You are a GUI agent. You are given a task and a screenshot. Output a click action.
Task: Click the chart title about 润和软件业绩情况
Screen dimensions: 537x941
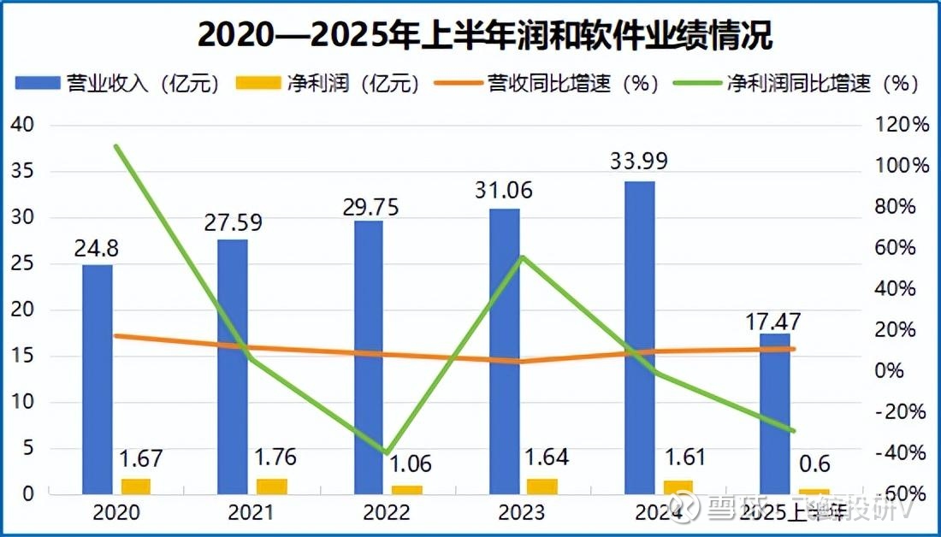click(485, 36)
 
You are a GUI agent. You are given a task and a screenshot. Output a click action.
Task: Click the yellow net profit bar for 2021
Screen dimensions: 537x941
click(272, 486)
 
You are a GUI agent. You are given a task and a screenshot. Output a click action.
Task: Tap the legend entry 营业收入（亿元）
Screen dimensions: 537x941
click(119, 83)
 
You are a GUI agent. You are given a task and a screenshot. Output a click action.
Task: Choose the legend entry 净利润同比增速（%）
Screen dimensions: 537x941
click(796, 83)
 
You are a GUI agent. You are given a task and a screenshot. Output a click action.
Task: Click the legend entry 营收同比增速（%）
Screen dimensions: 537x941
click(547, 83)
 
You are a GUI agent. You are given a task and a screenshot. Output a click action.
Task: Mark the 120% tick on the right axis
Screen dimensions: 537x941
click(907, 125)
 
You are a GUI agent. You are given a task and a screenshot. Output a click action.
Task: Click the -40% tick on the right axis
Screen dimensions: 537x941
click(907, 452)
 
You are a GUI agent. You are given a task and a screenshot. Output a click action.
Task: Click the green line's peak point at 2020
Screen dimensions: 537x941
click(115, 146)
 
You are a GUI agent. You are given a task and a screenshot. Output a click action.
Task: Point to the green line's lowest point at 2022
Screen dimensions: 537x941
click(386, 452)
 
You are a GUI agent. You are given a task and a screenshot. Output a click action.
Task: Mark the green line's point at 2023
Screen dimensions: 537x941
click(522, 257)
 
